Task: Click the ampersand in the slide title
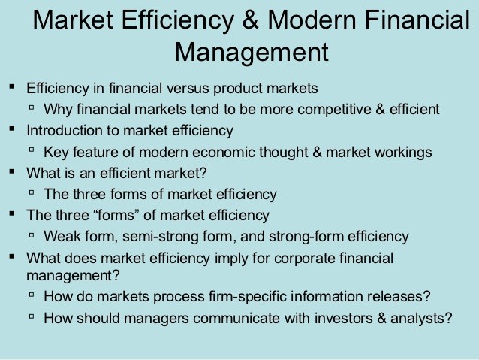coord(250,20)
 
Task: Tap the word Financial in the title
coord(417,20)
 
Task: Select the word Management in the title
coord(252,53)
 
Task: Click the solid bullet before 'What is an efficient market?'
coord(12,171)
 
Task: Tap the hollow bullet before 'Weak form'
coord(32,235)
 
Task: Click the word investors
coord(344,319)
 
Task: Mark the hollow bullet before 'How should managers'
coord(32,316)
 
